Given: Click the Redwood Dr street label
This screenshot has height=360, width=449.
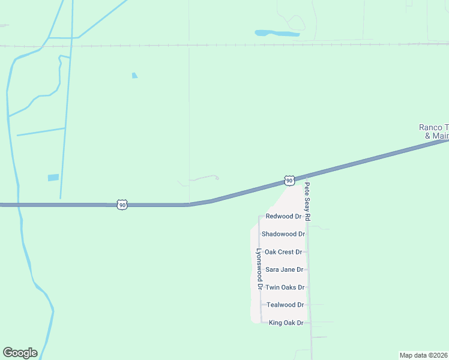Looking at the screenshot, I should pos(283,216).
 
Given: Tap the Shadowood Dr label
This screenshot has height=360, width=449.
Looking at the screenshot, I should pos(283,234).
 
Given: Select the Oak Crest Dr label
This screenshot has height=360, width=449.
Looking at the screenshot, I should pos(283,252).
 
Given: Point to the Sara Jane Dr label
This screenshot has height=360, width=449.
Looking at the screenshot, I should pos(283,270).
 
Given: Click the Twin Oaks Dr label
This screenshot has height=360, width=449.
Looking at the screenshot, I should pos(285,287).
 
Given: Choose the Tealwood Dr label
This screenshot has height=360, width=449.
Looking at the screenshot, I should pos(285,305).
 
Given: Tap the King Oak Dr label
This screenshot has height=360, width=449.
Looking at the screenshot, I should pos(286,323).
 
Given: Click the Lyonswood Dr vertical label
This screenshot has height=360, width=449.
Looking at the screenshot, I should pos(259,270).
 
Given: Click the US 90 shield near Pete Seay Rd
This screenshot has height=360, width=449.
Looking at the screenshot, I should pos(289,181).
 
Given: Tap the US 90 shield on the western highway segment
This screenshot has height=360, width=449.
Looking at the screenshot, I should pos(122,205).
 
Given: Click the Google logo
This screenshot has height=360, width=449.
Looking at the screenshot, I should pos(20,353).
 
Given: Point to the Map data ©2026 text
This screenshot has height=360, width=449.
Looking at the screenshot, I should pos(423,355).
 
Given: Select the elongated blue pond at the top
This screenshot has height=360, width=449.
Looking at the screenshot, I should pos(277,33).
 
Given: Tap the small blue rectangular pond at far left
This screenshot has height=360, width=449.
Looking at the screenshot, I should pos(53,178).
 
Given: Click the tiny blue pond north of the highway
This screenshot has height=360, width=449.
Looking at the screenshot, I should pos(134,76).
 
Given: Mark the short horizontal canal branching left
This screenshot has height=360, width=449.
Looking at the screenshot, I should pos(41,131).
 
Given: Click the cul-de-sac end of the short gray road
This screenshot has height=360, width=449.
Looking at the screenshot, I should pos(217,178).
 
